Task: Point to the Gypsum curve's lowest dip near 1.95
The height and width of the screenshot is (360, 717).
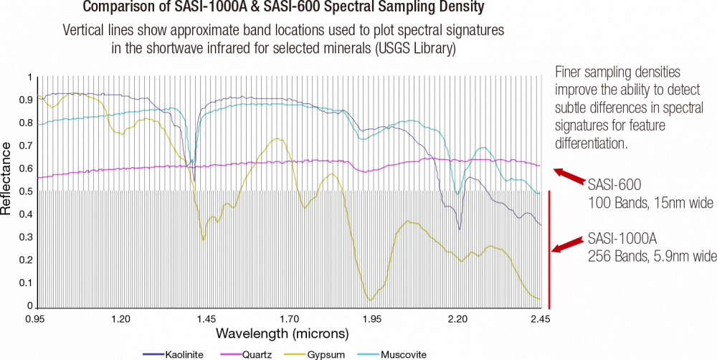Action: coord(371,299)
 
